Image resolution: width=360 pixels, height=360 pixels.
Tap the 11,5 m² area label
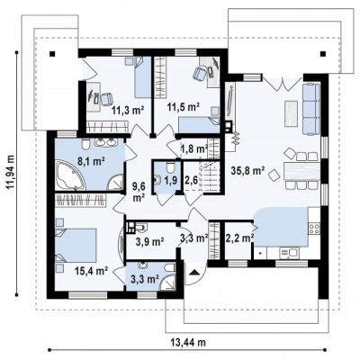(x=184, y=107)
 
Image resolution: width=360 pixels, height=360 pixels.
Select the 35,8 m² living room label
(x=247, y=171)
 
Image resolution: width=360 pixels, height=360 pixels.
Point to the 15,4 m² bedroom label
(x=92, y=271)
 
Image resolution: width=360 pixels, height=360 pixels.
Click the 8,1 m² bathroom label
(x=91, y=161)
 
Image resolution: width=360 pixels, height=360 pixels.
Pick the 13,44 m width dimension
(x=188, y=342)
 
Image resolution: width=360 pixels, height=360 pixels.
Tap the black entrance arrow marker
(x=195, y=272)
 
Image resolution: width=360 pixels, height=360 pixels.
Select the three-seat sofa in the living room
(x=311, y=109)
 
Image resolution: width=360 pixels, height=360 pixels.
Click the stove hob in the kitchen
(x=314, y=229)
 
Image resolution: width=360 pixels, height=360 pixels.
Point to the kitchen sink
(x=289, y=253)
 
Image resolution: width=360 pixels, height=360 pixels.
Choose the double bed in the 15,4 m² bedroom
(x=76, y=246)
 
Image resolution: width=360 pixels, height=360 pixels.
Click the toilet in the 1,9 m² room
(x=170, y=168)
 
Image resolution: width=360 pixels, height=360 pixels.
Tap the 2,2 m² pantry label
(x=239, y=238)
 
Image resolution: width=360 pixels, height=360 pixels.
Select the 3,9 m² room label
(x=149, y=241)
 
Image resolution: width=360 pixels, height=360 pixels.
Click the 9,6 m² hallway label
(x=139, y=192)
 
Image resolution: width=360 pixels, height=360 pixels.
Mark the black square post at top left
(x=52, y=54)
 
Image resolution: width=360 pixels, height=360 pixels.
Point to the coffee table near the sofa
(x=291, y=114)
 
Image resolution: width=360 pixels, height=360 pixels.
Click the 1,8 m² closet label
(x=194, y=148)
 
